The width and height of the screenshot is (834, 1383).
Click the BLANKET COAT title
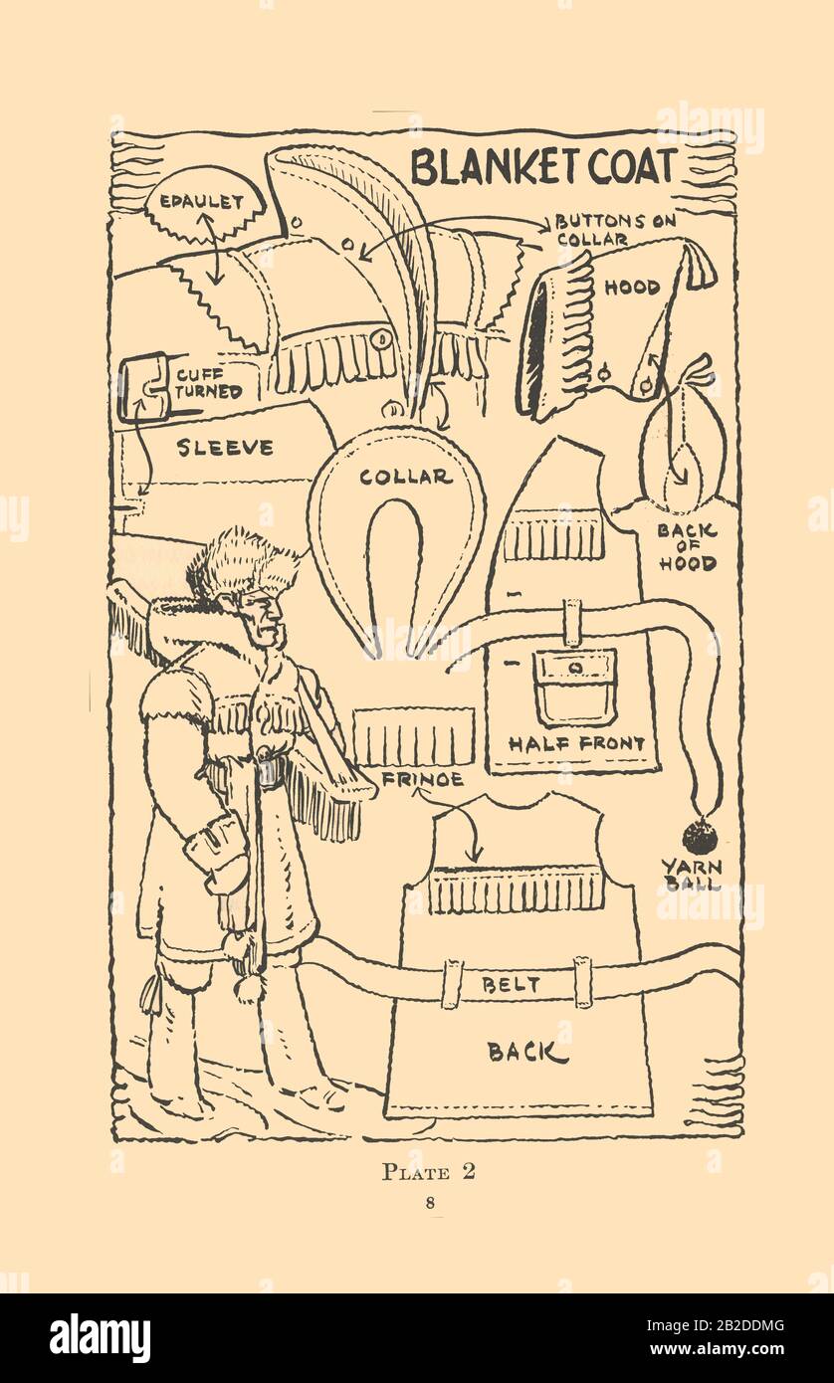tap(543, 167)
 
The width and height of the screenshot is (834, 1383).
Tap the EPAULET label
tap(201, 202)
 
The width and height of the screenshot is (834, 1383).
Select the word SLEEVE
tap(225, 447)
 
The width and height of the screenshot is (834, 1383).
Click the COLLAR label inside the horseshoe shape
tap(406, 476)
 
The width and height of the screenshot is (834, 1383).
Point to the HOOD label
tap(631, 287)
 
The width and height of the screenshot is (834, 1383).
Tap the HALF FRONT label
tap(576, 743)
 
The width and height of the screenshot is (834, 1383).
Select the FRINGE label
tap(423, 779)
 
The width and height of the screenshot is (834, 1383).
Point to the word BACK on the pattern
tap(527, 1052)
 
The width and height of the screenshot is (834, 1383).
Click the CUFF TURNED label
tap(209, 383)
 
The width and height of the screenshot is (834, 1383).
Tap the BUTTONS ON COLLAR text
tap(615, 230)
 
